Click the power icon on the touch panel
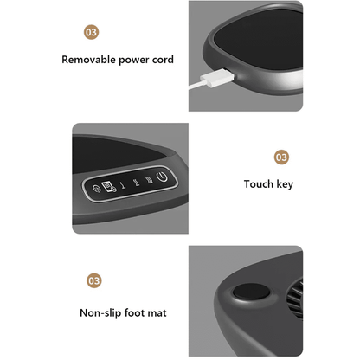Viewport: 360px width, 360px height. [162, 177]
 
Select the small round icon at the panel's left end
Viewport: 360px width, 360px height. [96, 189]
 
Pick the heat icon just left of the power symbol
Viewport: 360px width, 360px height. [149, 180]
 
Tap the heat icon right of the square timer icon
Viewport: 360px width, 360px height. [123, 185]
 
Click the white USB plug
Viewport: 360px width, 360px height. [218, 78]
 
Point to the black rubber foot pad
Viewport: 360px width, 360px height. [251, 292]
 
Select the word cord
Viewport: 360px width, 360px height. [163, 60]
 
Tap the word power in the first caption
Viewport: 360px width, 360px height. [133, 61]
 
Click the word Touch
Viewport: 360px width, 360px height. [259, 184]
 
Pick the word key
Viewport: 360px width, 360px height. [285, 184]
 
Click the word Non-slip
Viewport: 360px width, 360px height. [100, 313]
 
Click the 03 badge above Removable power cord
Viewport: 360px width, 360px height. [92, 32]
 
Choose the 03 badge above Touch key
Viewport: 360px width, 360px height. [281, 157]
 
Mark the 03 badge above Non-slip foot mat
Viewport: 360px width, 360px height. [94, 280]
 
